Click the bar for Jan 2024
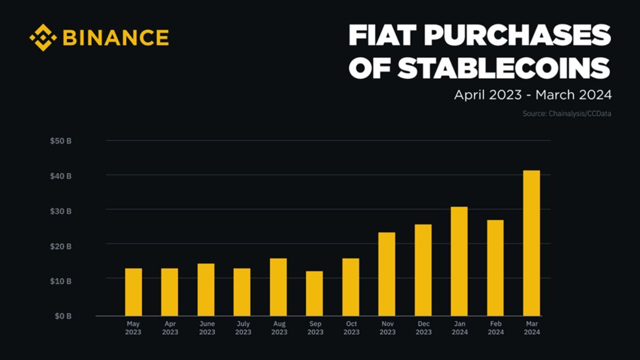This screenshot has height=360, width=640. [x=459, y=261]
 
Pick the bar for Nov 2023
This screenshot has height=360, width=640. [x=387, y=274]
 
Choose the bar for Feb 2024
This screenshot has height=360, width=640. [x=495, y=268]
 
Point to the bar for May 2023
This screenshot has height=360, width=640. [x=133, y=292]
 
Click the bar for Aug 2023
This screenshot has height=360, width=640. [x=278, y=287]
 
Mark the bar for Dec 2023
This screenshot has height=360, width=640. [x=423, y=270]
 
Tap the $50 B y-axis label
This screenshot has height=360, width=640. [x=61, y=141]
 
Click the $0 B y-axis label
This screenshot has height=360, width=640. [x=62, y=316]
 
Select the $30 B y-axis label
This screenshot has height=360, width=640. [x=61, y=211]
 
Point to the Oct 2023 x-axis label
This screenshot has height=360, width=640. [x=351, y=328]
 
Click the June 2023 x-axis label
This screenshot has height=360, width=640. [x=206, y=328]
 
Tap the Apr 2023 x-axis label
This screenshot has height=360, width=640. [x=170, y=328]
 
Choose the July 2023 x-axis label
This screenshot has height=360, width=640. [x=243, y=328]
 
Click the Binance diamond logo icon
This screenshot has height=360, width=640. [x=43, y=37]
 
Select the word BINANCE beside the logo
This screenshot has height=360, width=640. [x=116, y=37]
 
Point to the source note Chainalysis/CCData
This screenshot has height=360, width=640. [x=567, y=114]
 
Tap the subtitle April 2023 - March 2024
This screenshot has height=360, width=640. [x=532, y=95]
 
